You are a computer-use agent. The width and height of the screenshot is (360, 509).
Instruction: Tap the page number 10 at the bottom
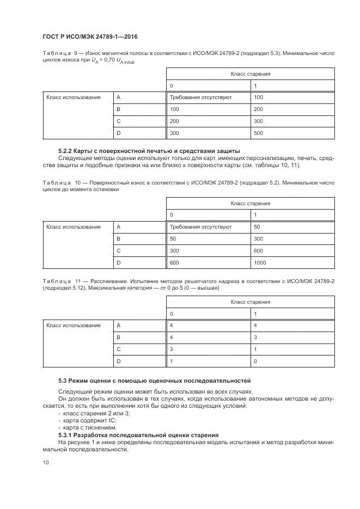click(x=45, y=462)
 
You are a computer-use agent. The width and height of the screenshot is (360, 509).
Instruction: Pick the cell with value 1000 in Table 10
click(x=260, y=263)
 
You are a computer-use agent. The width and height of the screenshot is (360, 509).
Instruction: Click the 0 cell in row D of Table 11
click(x=255, y=361)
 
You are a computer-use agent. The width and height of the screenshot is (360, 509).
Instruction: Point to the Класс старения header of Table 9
click(x=250, y=73)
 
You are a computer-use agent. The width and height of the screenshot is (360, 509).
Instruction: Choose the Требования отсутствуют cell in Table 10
click(x=201, y=227)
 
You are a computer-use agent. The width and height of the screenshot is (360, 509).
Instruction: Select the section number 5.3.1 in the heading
click(x=67, y=435)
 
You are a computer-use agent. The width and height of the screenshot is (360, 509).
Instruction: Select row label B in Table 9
click(x=118, y=109)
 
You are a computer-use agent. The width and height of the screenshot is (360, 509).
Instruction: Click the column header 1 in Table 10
click(x=255, y=214)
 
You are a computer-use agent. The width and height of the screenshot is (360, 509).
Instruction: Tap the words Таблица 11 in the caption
click(x=62, y=280)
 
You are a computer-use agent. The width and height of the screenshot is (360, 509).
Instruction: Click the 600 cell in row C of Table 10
click(x=258, y=251)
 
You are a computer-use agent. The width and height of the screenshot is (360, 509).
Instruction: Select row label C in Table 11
click(x=118, y=349)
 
